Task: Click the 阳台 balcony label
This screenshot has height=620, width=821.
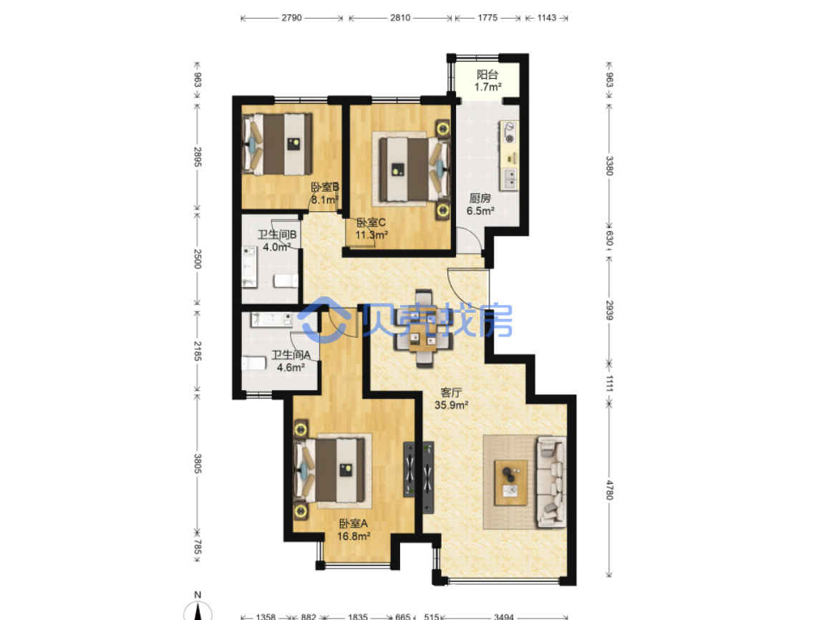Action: (x=487, y=74)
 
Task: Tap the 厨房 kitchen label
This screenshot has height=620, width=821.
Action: (x=480, y=198)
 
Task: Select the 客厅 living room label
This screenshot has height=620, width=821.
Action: (x=451, y=392)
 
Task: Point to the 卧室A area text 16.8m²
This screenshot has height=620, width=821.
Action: (x=354, y=536)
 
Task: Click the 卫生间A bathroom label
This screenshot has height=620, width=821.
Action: (x=291, y=354)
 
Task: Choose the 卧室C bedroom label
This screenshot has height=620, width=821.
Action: (x=371, y=223)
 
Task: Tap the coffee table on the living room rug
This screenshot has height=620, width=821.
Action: (x=511, y=483)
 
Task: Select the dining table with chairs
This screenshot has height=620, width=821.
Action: (x=423, y=328)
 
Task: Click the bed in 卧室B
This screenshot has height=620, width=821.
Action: (x=277, y=144)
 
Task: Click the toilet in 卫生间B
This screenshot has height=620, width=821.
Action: (x=286, y=281)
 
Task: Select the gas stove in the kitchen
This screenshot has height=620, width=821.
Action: (x=509, y=132)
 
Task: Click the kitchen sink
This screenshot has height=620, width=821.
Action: (x=509, y=179)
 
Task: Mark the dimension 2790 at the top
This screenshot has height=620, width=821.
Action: (x=291, y=18)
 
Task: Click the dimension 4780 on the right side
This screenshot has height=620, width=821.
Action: (x=609, y=490)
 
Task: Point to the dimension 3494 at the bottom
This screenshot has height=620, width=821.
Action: (x=504, y=617)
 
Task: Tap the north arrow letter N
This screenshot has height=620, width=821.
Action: (x=198, y=595)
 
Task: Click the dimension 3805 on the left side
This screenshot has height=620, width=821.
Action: (x=198, y=463)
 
